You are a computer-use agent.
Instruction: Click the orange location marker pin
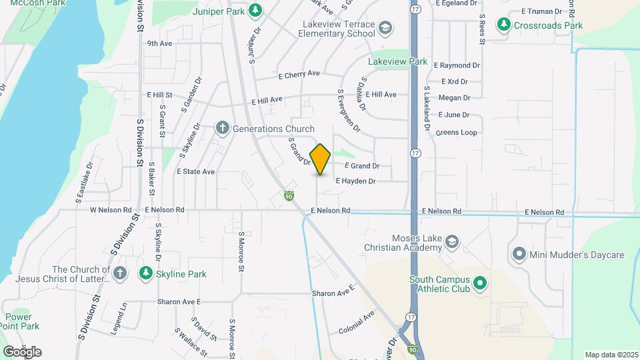tap(320, 159)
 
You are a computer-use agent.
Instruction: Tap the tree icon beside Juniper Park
tap(255, 11)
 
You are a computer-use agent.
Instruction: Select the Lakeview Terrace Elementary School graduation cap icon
tap(385, 28)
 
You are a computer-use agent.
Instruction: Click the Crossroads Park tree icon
tap(505, 25)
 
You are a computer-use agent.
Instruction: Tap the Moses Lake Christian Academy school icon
tap(452, 242)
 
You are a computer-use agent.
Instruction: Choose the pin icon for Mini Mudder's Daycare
tap(519, 254)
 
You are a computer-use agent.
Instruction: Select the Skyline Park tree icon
tap(145, 273)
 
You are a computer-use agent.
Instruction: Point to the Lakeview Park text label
tap(398, 61)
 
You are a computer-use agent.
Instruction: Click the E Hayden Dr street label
tap(356, 181)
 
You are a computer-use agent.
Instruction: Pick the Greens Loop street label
tap(457, 133)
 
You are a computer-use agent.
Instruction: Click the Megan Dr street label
tap(455, 98)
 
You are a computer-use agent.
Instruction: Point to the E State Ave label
tap(195, 171)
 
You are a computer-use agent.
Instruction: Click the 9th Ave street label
tap(160, 43)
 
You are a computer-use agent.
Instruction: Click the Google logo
tap(21, 351)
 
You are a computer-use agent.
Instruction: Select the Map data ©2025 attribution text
tap(611, 355)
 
